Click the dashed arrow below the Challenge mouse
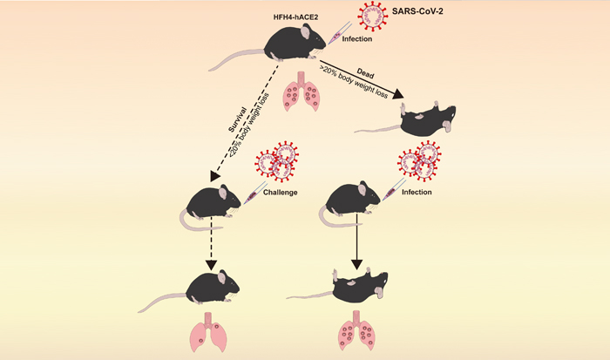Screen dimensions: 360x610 (210, 245)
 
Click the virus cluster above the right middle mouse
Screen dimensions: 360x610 (420, 161)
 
